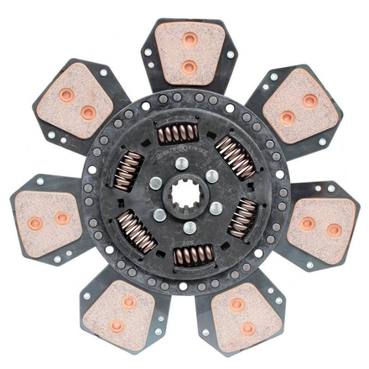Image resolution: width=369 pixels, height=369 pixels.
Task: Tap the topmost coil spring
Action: (178, 133)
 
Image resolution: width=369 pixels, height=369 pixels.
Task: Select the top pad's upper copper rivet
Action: (190, 39)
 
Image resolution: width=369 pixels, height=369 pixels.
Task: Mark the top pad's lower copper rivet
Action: (190, 65)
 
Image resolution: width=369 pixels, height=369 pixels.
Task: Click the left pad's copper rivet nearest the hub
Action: (62, 218)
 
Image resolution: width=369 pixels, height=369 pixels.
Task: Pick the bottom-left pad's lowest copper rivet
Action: (117, 325)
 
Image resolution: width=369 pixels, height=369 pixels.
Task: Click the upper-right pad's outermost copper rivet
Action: (309, 100)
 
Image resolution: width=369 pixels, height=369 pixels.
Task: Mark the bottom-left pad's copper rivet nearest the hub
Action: (128, 301)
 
